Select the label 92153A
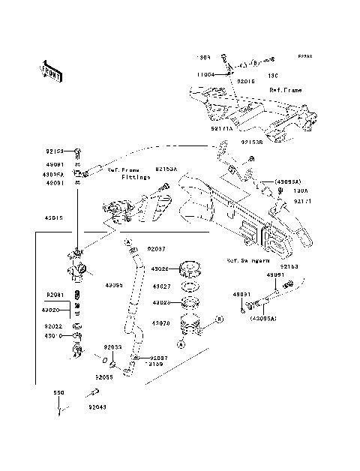tap(166, 169)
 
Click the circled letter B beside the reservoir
tap(220, 340)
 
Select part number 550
tap(58, 392)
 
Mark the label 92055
tap(103, 377)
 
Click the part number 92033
tap(112, 347)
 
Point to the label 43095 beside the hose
tap(112, 286)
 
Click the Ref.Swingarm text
tap(248, 262)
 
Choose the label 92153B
tap(252, 142)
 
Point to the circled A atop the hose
tap(128, 242)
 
